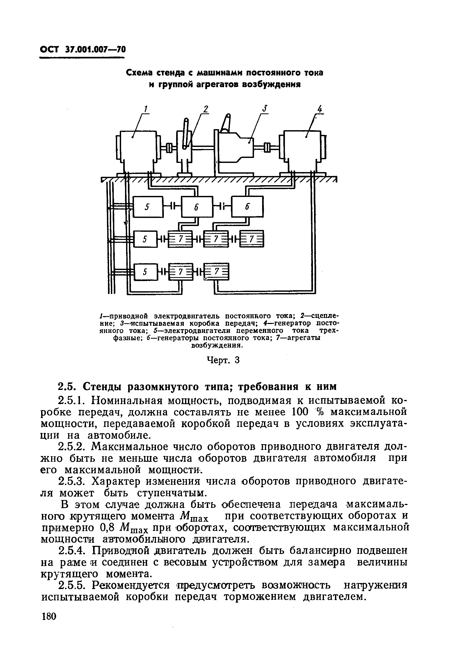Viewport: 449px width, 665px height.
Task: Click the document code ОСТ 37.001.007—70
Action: coord(83,50)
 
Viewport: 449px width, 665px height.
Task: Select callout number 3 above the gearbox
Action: coord(265,109)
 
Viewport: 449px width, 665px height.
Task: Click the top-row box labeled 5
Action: coord(148,207)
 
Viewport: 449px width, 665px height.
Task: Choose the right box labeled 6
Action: coord(248,207)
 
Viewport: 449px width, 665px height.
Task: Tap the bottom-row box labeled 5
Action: coord(145,272)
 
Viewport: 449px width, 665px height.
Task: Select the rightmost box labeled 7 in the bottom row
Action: coord(217,272)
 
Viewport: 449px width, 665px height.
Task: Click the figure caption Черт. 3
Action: coord(223,360)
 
